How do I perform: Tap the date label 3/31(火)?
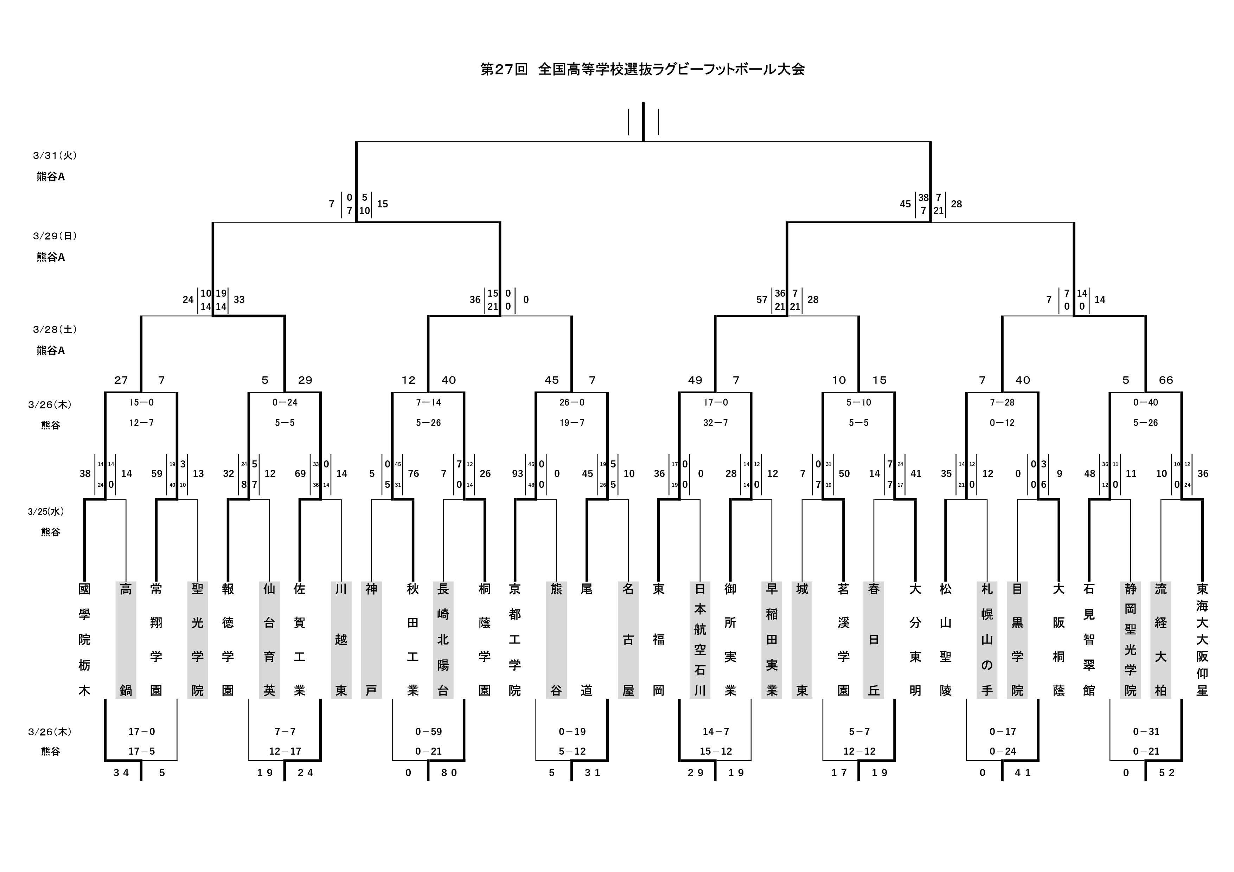pyautogui.click(x=55, y=155)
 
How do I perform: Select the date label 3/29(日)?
pyautogui.click(x=55, y=236)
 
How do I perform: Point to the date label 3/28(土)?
pyautogui.click(x=55, y=329)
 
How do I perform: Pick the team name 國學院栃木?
pyautogui.click(x=84, y=639)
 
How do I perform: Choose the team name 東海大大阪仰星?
pyautogui.click(x=1202, y=639)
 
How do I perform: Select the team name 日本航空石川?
pyautogui.click(x=700, y=639)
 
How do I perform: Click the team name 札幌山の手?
pyautogui.click(x=987, y=639)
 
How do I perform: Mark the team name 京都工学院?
pyautogui.click(x=515, y=639)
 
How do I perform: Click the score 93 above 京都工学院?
pyautogui.click(x=518, y=474)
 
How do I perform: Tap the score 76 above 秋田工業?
pyautogui.click(x=413, y=474)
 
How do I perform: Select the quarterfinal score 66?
pyautogui.click(x=1166, y=380)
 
